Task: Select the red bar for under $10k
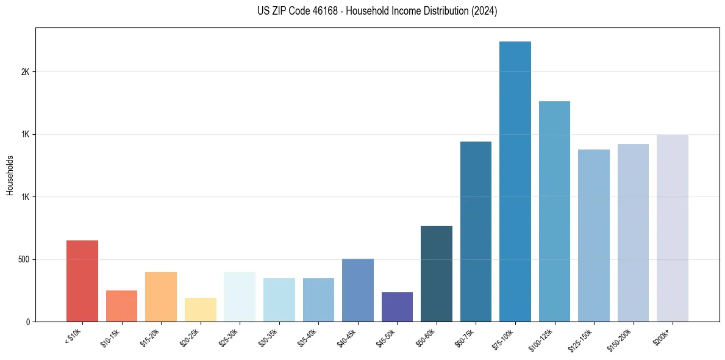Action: pos(82,281)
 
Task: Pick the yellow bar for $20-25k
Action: pos(201,309)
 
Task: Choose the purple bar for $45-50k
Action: pos(397,307)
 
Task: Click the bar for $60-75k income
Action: pos(476,231)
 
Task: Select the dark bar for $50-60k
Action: pos(437,273)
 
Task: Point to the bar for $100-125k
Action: pos(554,211)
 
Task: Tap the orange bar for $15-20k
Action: pos(161,297)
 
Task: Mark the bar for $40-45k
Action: pos(358,290)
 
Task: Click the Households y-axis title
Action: pos(10,175)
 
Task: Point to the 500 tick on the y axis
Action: pos(24,259)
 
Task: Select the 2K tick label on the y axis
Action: pos(26,71)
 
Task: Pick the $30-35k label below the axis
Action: pos(270,338)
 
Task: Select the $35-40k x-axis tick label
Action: pos(309,338)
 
